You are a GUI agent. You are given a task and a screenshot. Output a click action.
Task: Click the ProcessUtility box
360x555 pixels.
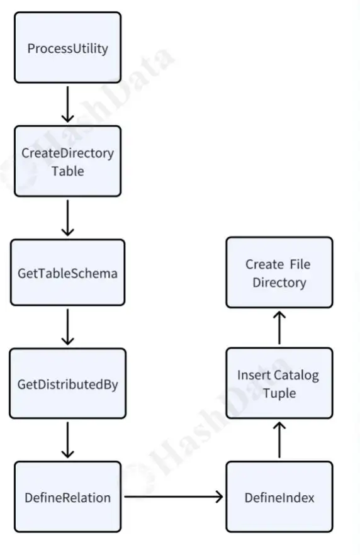[67, 47]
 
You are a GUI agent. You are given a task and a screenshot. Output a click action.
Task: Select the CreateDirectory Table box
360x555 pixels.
[67, 161]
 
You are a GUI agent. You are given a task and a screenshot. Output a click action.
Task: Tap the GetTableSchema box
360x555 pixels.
[67, 272]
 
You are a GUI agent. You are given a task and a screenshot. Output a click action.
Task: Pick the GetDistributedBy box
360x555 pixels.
[67, 383]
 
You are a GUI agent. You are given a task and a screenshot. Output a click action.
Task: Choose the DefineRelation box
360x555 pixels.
[67, 496]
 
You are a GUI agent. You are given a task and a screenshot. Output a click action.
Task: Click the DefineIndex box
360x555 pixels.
[279, 496]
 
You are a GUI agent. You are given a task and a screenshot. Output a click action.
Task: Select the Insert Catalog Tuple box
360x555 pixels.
[279, 383]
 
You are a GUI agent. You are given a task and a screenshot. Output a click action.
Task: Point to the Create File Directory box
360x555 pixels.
[279, 272]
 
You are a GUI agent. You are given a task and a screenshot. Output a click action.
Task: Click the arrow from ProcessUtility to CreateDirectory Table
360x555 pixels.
[67, 104]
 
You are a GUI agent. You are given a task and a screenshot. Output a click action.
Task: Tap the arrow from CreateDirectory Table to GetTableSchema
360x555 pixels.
[67, 218]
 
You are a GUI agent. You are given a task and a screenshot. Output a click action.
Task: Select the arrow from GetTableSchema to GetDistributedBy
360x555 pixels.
[67, 327]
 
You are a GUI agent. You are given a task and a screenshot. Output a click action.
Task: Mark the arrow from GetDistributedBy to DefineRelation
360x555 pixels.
[67, 440]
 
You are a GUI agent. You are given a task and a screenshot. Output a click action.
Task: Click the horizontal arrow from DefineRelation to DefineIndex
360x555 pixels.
[174, 496]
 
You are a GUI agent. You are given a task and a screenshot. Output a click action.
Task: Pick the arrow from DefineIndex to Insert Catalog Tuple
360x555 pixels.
[279, 440]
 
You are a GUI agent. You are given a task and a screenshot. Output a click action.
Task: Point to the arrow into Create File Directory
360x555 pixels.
[279, 327]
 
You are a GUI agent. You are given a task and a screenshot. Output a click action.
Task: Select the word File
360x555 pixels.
[300, 264]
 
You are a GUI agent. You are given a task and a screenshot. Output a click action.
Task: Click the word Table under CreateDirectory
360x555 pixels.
[67, 171]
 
